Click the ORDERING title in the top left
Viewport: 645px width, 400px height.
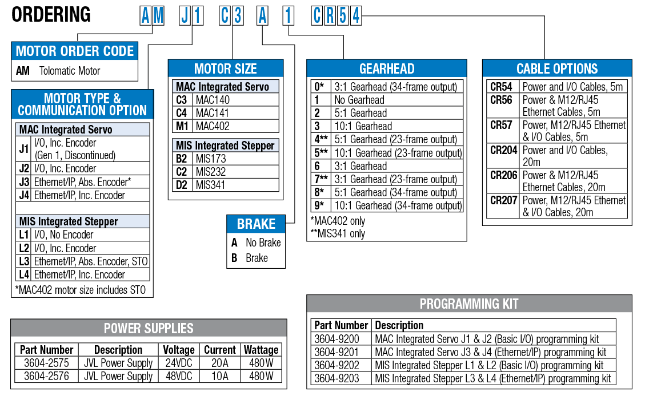pos(51,15)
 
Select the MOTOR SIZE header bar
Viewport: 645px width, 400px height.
pos(226,68)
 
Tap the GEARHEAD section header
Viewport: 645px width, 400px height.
pos(387,68)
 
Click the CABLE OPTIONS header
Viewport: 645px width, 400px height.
pos(557,68)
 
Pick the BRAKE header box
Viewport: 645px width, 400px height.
pos(256,224)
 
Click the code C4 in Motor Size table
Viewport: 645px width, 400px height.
pos(182,113)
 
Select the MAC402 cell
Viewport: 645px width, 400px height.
pos(213,126)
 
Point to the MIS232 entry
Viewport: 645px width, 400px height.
pos(211,172)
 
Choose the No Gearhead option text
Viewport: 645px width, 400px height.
pos(359,100)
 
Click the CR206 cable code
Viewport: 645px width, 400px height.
pos(503,175)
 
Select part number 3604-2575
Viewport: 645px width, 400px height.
pos(46,363)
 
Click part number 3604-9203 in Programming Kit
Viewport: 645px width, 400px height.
pos(337,378)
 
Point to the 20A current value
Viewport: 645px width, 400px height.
pos(219,363)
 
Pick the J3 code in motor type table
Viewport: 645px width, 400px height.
pos(24,182)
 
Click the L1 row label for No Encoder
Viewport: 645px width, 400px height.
pos(24,235)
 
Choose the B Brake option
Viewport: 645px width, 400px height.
pos(250,258)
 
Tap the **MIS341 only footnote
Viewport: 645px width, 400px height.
pos(338,234)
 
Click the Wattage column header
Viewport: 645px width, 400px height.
pos(261,350)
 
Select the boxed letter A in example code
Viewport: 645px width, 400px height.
pos(262,15)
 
